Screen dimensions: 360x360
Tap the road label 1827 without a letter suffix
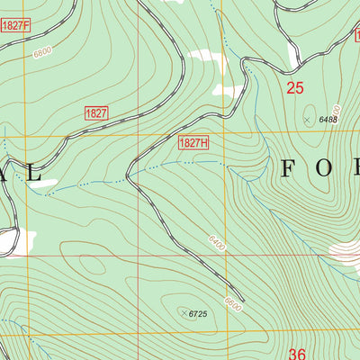pyautogui.click(x=96, y=112)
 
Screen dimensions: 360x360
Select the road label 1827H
pyautogui.click(x=193, y=143)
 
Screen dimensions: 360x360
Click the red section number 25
pyautogui.click(x=295, y=87)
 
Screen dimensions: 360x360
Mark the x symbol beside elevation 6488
pyautogui.click(x=308, y=119)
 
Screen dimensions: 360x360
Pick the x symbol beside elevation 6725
pyautogui.click(x=184, y=312)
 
